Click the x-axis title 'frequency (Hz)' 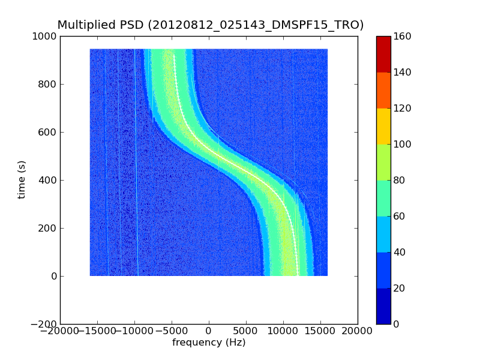point(209,343)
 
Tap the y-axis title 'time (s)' point(22,180)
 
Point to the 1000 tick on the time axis point(45,36)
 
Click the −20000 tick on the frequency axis point(60,331)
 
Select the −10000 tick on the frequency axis point(134,331)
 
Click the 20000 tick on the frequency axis point(358,331)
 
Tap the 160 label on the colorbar point(403,36)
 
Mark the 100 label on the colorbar point(403,144)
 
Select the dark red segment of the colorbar point(383,54)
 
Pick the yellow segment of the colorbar point(383,126)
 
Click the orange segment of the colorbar point(383,90)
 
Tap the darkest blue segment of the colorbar point(383,306)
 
